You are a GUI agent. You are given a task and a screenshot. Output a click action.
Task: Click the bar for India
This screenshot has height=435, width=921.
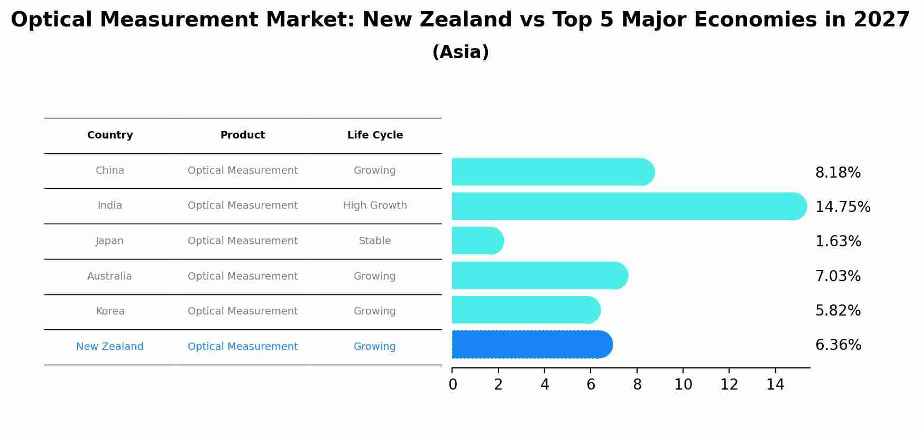(x=629, y=206)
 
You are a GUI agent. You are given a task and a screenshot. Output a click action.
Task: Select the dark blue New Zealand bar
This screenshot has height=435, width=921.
(x=532, y=345)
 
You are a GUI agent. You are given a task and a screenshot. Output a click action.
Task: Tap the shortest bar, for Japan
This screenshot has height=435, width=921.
(x=477, y=241)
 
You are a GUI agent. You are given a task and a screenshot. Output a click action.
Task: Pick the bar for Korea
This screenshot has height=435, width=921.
(x=526, y=310)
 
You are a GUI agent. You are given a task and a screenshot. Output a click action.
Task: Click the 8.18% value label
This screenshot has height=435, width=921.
(x=838, y=173)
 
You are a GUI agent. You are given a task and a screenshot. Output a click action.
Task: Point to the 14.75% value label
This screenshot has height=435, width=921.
(x=843, y=207)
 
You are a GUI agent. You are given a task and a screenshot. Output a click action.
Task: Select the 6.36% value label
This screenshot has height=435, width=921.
(x=838, y=345)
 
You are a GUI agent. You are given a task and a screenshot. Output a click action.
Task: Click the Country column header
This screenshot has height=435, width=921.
(x=110, y=135)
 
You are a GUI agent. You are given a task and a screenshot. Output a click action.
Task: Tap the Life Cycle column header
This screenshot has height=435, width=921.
(x=375, y=135)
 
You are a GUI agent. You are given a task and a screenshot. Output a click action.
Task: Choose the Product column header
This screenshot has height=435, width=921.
(x=243, y=135)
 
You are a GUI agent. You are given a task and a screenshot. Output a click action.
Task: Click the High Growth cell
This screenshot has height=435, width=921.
(x=375, y=206)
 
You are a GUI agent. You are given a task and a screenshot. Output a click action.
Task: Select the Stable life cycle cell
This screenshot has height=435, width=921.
(x=375, y=241)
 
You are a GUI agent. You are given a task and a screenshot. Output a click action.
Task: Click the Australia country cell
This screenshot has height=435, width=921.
(x=109, y=276)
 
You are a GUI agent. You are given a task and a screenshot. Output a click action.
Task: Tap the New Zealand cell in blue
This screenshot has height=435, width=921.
(x=109, y=347)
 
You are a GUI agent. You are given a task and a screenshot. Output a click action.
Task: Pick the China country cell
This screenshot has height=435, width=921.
(x=110, y=171)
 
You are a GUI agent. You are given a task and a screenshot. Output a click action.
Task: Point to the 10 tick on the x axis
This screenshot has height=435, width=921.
(x=683, y=385)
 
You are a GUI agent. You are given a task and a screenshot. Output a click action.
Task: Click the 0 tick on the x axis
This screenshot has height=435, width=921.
(x=453, y=385)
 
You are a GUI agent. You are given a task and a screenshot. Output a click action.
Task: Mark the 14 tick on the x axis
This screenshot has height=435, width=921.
(x=775, y=385)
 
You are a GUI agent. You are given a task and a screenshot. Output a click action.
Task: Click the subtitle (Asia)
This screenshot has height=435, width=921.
(x=460, y=52)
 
